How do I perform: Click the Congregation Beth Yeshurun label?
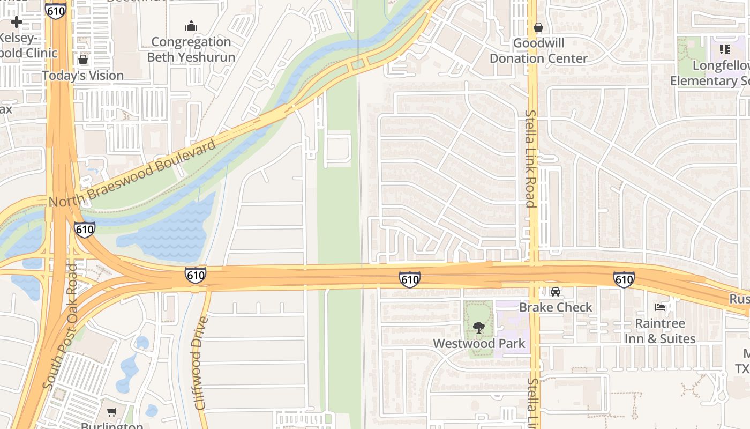[x=191, y=49]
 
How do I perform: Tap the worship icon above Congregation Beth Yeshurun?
[x=191, y=26]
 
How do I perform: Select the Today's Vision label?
[x=83, y=76]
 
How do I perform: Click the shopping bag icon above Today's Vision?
[x=83, y=59]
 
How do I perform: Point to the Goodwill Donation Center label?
[x=538, y=50]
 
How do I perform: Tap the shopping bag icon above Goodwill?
[x=538, y=27]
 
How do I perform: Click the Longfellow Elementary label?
[x=710, y=73]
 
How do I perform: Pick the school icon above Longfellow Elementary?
[x=725, y=50]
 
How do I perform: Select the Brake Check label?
[x=556, y=307]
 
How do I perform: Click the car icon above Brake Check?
[x=556, y=292]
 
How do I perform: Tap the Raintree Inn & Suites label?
[x=660, y=331]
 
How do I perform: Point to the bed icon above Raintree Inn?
[x=660, y=307]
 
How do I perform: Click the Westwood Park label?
[x=479, y=343]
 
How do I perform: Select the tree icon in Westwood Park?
[x=479, y=327]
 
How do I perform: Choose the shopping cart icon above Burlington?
[x=111, y=412]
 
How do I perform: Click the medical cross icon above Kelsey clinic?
[x=17, y=22]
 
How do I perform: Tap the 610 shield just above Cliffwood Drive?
[x=196, y=276]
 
